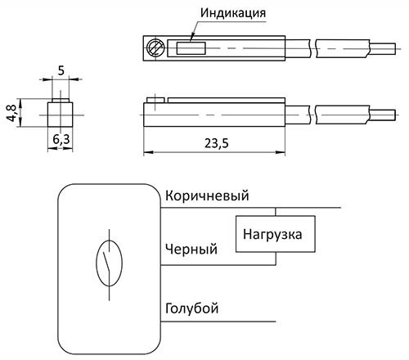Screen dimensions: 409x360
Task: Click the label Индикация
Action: pyautogui.click(x=233, y=13)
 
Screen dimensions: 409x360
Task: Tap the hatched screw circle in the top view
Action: pyautogui.click(x=155, y=48)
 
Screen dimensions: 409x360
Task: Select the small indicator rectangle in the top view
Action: pyautogui.click(x=191, y=48)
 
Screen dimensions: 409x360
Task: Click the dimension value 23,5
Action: pyautogui.click(x=217, y=143)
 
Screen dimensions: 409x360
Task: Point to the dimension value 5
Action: pyautogui.click(x=61, y=70)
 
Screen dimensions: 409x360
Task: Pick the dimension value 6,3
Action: pyautogui.click(x=61, y=139)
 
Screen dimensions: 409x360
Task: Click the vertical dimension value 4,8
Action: pyautogui.click(x=11, y=113)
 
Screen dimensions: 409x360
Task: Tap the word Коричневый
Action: pyautogui.click(x=207, y=196)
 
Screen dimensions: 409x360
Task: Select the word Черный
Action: pyautogui.click(x=191, y=249)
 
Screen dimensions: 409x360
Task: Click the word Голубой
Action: pyautogui.click(x=192, y=308)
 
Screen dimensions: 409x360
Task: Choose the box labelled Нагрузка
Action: pyautogui.click(x=276, y=234)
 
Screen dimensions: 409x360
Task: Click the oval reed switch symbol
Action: pyautogui.click(x=110, y=263)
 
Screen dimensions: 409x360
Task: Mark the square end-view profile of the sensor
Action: pyautogui.click(x=61, y=115)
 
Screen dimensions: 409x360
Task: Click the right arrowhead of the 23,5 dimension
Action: pyautogui.click(x=281, y=152)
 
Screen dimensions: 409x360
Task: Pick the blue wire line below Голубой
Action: pyautogui.click(x=218, y=322)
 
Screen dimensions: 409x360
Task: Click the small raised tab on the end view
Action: pyautogui.click(x=61, y=101)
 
